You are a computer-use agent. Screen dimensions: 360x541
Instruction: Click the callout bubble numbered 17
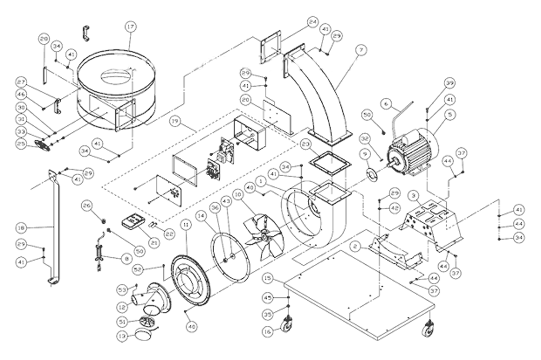(129, 26)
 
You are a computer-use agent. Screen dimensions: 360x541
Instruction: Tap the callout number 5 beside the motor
(448, 115)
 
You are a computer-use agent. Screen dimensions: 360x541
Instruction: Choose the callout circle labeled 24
(312, 22)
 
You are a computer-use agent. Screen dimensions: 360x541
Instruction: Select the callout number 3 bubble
(413, 195)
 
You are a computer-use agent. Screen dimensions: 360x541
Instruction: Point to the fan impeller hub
(263, 235)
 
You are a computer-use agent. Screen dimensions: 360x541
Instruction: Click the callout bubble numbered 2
(355, 246)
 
